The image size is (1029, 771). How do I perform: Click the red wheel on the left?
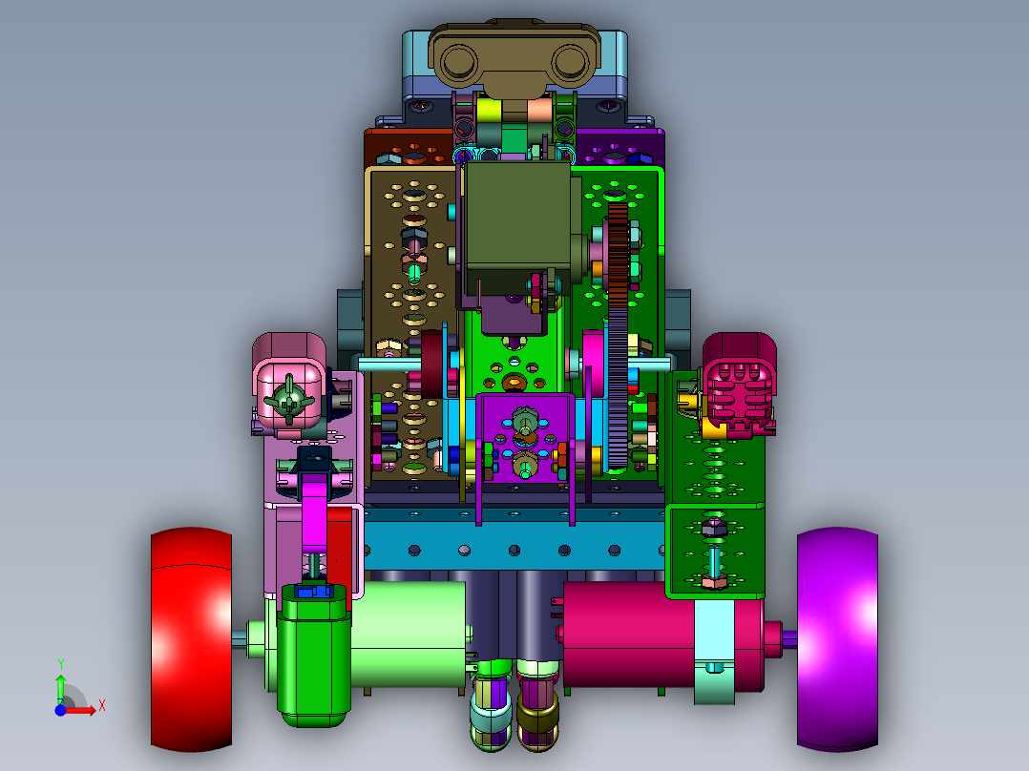click(x=191, y=639)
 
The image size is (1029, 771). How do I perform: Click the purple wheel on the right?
click(x=837, y=639)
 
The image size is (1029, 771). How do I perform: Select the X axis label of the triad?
click(x=102, y=706)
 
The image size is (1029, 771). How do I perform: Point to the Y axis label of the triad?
click(x=60, y=664)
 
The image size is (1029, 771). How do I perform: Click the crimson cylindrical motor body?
click(x=630, y=634)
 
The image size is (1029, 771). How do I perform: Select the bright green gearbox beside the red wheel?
click(x=314, y=656)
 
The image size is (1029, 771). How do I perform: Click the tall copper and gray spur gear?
click(x=618, y=336)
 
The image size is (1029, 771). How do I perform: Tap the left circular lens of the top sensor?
click(x=459, y=62)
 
